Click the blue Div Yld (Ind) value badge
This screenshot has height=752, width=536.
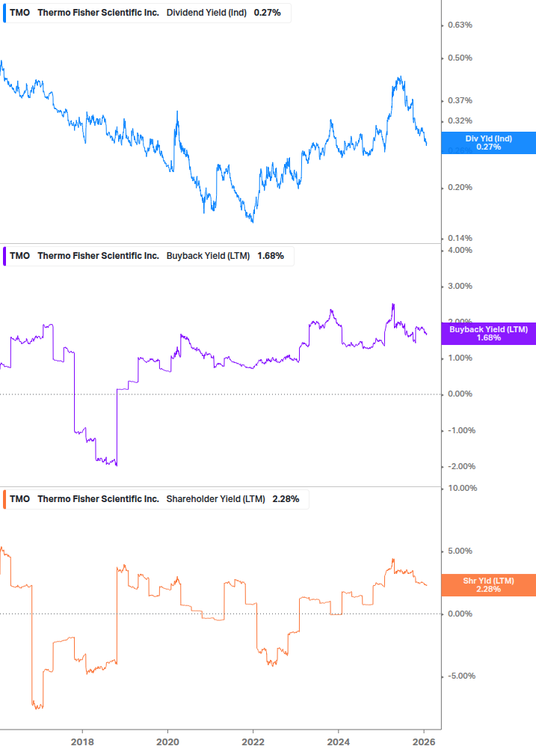coord(488,142)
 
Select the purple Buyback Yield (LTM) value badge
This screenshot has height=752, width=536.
coord(488,334)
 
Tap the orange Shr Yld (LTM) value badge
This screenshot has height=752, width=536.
coord(488,585)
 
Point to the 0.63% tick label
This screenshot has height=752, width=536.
coord(460,25)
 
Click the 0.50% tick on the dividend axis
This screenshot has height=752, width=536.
coord(460,58)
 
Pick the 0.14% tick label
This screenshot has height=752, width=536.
coord(460,239)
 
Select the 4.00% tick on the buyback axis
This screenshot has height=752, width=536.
coord(460,250)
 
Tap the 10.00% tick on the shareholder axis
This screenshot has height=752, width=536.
coord(461,488)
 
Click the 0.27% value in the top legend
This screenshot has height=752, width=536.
coord(268,13)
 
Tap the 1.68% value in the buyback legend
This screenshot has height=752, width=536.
coord(271,256)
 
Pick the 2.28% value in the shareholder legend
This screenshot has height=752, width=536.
coord(286,499)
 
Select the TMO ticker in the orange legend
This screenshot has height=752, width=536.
coord(20,499)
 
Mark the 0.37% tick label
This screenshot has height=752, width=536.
coord(460,101)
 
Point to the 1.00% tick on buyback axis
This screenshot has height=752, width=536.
coord(460,358)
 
